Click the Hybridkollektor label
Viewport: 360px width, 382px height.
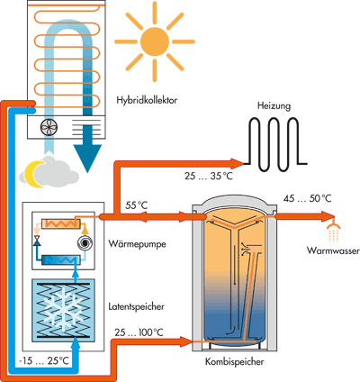click(x=147, y=100)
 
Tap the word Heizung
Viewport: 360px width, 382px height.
click(x=274, y=106)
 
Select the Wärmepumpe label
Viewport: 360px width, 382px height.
click(x=137, y=243)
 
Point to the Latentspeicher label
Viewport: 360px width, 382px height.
click(x=137, y=306)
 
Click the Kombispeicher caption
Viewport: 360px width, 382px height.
click(x=234, y=361)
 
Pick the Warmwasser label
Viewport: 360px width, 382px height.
click(x=333, y=250)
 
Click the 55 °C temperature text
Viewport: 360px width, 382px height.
click(x=137, y=205)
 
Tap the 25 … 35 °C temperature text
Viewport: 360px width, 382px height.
click(x=209, y=176)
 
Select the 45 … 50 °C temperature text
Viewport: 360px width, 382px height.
click(x=308, y=198)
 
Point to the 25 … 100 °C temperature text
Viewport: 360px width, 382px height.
click(x=139, y=332)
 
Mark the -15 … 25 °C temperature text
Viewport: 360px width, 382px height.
click(x=44, y=360)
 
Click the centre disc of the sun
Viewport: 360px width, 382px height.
click(x=155, y=41)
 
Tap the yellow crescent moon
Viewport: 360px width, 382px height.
click(x=32, y=174)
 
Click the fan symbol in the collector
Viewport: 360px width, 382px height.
click(x=49, y=127)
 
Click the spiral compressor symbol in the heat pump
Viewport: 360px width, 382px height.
click(x=85, y=242)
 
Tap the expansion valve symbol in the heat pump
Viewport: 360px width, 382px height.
click(x=37, y=241)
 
